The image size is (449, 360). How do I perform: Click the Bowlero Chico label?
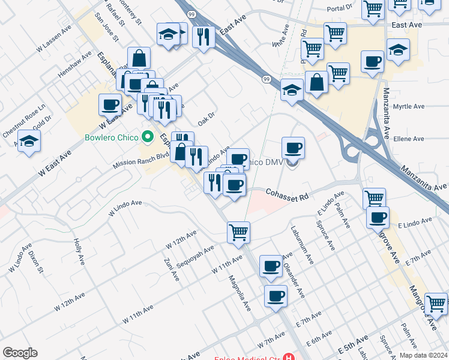[112, 136]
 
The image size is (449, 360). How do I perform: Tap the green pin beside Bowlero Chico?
[145, 136]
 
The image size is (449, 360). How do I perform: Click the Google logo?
[20, 353]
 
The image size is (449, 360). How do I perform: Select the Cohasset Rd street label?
[288, 196]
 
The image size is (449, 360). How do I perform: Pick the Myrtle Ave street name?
[409, 107]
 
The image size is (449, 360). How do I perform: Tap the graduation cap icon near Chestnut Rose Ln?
[29, 142]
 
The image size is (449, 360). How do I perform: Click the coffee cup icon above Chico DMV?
[293, 147]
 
